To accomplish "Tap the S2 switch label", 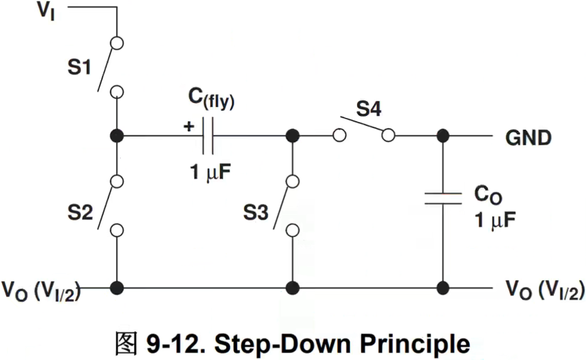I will coord(81,213).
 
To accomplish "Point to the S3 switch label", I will coord(256,213).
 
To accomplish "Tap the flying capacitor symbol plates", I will coord(207,136).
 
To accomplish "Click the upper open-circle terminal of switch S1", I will coord(117,43).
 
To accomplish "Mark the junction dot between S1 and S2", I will coord(117,136).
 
